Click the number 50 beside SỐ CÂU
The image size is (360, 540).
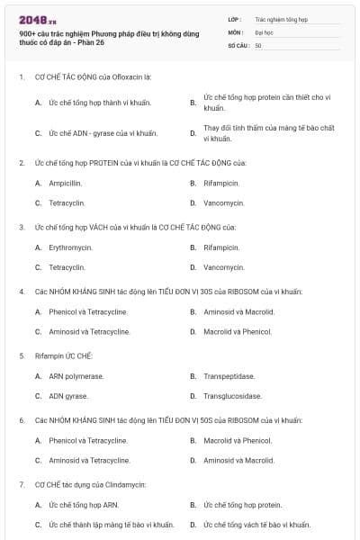tap(258, 45)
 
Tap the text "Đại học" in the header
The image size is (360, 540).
tap(265, 31)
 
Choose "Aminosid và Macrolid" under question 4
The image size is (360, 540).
tap(238, 312)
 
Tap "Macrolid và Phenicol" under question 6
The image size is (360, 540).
tap(238, 441)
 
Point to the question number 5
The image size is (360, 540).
tap(22, 355)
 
